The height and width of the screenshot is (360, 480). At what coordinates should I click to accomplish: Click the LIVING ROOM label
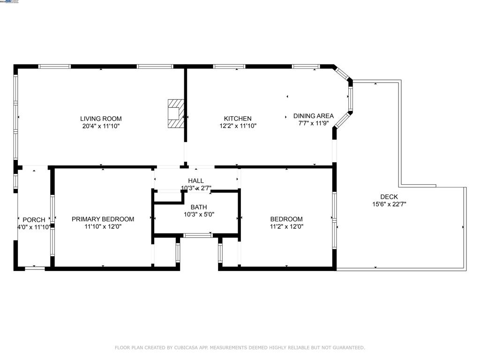(x=101, y=119)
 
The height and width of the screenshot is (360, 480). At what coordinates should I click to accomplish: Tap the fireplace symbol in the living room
(x=176, y=113)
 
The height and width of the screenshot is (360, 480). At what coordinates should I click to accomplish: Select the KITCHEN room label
(x=238, y=119)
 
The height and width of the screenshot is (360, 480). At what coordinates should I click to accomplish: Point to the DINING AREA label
(x=314, y=116)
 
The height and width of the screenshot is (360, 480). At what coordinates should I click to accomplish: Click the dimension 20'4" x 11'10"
(x=101, y=126)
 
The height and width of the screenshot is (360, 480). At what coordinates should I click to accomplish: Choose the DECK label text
(x=389, y=197)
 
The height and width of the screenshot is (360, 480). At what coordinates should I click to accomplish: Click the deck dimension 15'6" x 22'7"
(x=389, y=204)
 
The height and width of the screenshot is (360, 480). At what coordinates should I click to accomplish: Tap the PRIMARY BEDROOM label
(x=103, y=219)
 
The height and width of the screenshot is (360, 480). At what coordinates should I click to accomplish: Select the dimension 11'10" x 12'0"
(x=103, y=226)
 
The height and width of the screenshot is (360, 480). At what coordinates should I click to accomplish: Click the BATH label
(x=199, y=207)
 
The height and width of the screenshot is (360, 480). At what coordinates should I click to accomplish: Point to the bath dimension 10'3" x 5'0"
(x=199, y=215)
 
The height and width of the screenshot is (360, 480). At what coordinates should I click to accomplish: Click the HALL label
(x=196, y=180)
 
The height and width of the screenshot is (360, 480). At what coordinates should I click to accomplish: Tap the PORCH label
(x=34, y=220)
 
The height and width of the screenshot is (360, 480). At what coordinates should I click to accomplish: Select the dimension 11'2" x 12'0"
(x=286, y=226)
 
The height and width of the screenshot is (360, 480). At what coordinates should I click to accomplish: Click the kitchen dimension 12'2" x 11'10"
(x=238, y=126)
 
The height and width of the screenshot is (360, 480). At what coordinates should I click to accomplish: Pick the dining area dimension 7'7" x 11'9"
(x=314, y=123)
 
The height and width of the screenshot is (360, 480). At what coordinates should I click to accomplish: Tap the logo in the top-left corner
(x=10, y=2)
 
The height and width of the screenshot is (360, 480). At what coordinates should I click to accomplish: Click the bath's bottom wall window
(x=197, y=235)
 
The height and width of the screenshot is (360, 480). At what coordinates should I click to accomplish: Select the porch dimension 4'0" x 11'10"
(x=34, y=227)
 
